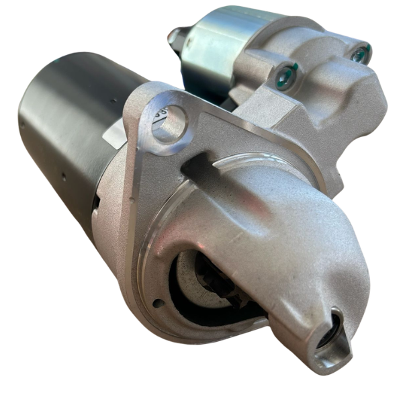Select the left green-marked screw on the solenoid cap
point(286,75)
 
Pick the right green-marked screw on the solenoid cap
point(361,54)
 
